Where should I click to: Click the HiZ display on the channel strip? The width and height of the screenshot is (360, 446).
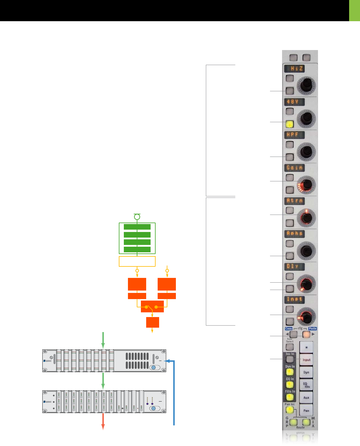pyautogui.click(x=294, y=69)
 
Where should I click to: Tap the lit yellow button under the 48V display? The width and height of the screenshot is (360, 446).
pyautogui.click(x=290, y=124)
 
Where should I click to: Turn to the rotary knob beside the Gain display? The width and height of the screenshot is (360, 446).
pyautogui.click(x=306, y=185)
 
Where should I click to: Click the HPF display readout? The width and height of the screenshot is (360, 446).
pyautogui.click(x=294, y=135)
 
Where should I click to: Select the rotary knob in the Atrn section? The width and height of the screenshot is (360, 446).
pyautogui.click(x=306, y=218)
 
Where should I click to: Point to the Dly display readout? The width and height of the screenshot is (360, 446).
pyautogui.click(x=294, y=266)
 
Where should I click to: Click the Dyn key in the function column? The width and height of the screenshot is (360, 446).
pyautogui.click(x=306, y=372)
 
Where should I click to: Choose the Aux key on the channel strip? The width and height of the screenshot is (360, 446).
pyautogui.click(x=306, y=398)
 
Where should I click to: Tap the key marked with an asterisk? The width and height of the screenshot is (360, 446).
pyautogui.click(x=306, y=347)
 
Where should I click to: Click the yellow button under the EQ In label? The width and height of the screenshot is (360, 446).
pyautogui.click(x=290, y=384)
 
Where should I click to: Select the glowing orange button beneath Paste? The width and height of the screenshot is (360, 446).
pyautogui.click(x=306, y=334)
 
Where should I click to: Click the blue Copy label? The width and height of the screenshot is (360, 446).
pyautogui.click(x=289, y=329)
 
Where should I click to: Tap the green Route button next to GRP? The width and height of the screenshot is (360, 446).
pyautogui.click(x=293, y=422)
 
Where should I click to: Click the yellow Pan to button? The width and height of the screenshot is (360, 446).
pyautogui.click(x=290, y=410)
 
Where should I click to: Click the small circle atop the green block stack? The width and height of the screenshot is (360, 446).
pyautogui.click(x=137, y=217)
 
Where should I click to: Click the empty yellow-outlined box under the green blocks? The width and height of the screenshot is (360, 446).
pyautogui.click(x=137, y=261)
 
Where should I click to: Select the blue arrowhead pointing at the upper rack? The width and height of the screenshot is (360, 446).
pyautogui.click(x=168, y=361)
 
